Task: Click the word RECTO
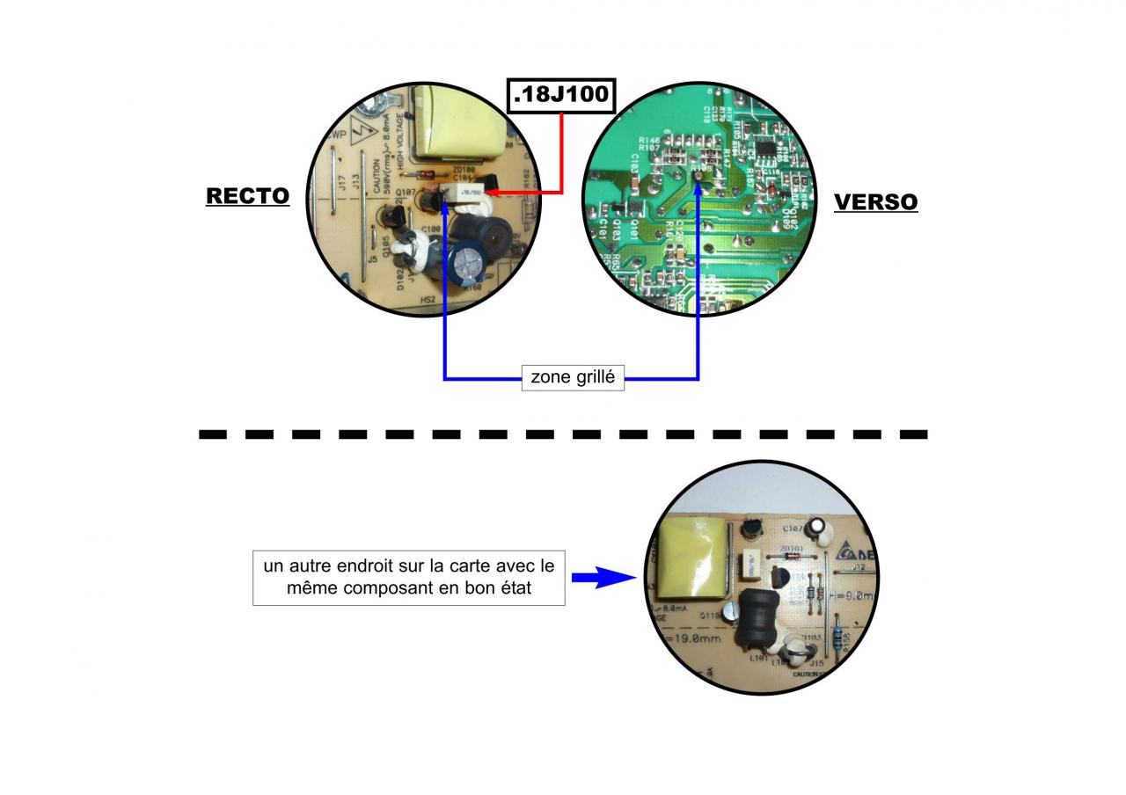pos(247,195)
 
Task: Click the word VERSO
pos(875,201)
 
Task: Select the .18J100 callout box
pos(560,94)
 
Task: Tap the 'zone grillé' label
pos(573,378)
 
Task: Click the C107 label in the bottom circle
pos(792,529)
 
